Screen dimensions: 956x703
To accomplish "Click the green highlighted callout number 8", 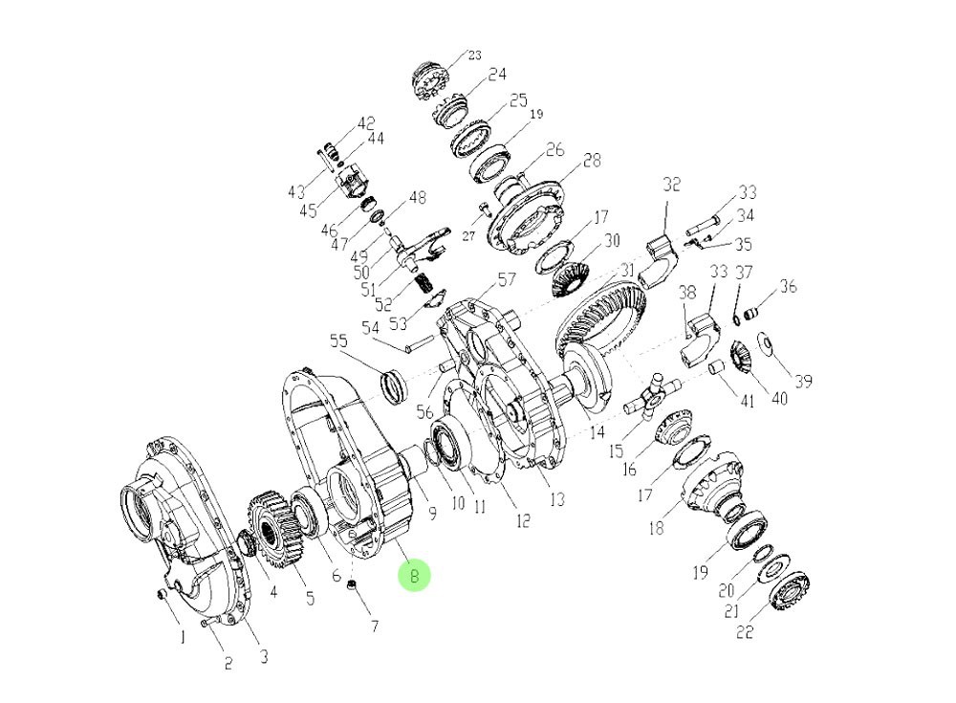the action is tap(415, 576).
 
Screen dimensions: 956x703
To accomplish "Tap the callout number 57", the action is tap(506, 280).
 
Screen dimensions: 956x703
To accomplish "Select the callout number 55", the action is tap(339, 341).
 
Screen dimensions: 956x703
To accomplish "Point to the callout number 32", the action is tap(671, 185).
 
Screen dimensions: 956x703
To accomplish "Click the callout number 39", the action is tap(803, 382).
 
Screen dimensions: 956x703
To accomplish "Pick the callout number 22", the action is tap(745, 632).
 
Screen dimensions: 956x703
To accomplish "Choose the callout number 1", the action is tap(182, 637).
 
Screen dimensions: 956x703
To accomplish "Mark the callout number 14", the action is tap(597, 432).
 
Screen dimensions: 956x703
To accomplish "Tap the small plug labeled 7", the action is tap(351, 585).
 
